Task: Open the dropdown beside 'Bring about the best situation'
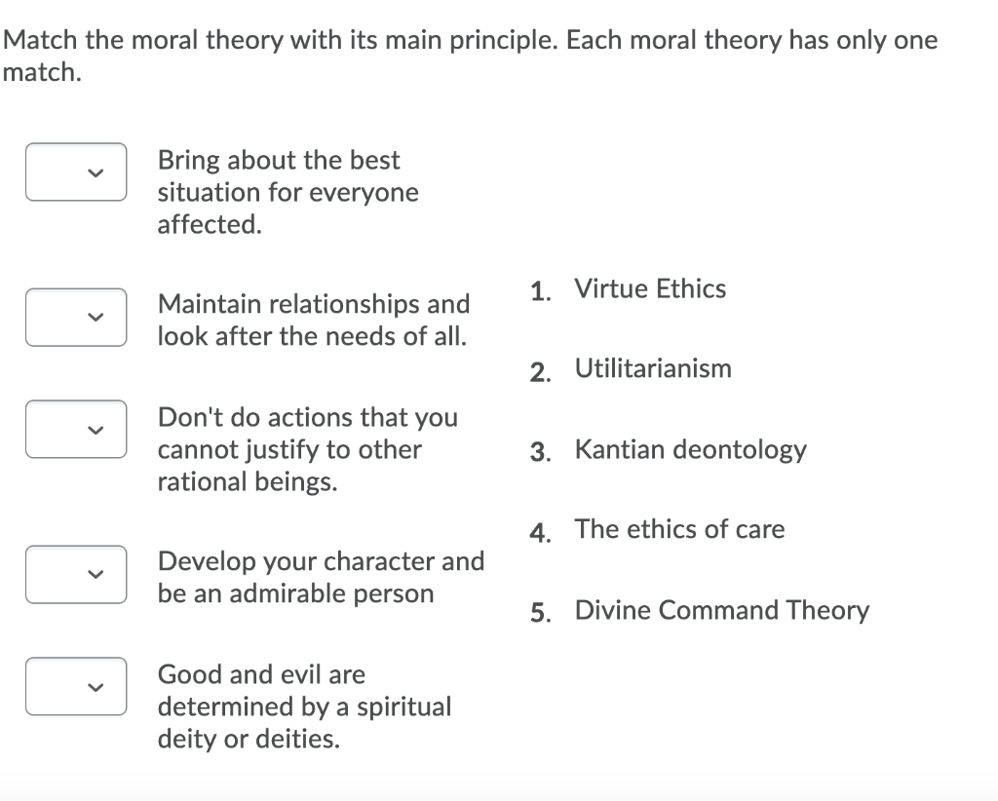point(76,172)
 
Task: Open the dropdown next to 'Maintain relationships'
point(76,317)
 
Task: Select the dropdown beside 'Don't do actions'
point(76,430)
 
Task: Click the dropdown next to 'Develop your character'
point(76,575)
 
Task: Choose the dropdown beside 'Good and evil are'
point(76,686)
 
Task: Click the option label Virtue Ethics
point(650,288)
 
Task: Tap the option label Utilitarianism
point(653,369)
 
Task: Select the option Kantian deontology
point(691,450)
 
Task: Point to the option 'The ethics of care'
point(679,529)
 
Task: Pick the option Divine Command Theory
point(722,610)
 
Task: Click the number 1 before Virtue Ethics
point(540,292)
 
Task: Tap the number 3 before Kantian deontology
point(540,452)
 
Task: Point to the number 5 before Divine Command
point(540,613)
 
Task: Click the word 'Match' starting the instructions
point(40,40)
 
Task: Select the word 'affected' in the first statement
point(210,224)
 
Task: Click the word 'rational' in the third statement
point(202,482)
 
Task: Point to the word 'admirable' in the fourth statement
point(288,594)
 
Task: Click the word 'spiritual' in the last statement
point(403,707)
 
